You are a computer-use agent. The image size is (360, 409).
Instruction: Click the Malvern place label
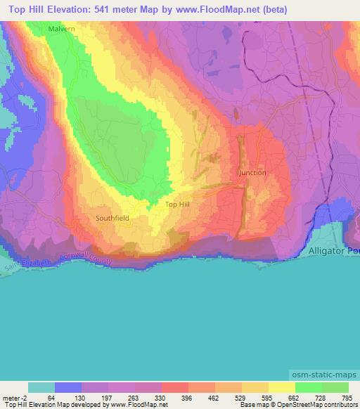pyautogui.click(x=61, y=29)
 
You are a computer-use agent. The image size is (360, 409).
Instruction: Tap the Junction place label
pyautogui.click(x=253, y=172)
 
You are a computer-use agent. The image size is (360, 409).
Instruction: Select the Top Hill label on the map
pyautogui.click(x=177, y=204)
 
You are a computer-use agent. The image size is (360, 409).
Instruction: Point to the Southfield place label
pyautogui.click(x=112, y=219)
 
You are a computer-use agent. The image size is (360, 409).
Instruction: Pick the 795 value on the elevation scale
pyautogui.click(x=348, y=397)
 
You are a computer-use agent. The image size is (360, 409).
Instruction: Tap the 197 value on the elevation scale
pyautogui.click(x=108, y=397)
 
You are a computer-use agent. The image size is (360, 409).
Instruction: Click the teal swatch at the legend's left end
pyautogui.click(x=41, y=387)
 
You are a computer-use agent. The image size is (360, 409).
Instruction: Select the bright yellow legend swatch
pyautogui.click(x=282, y=387)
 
